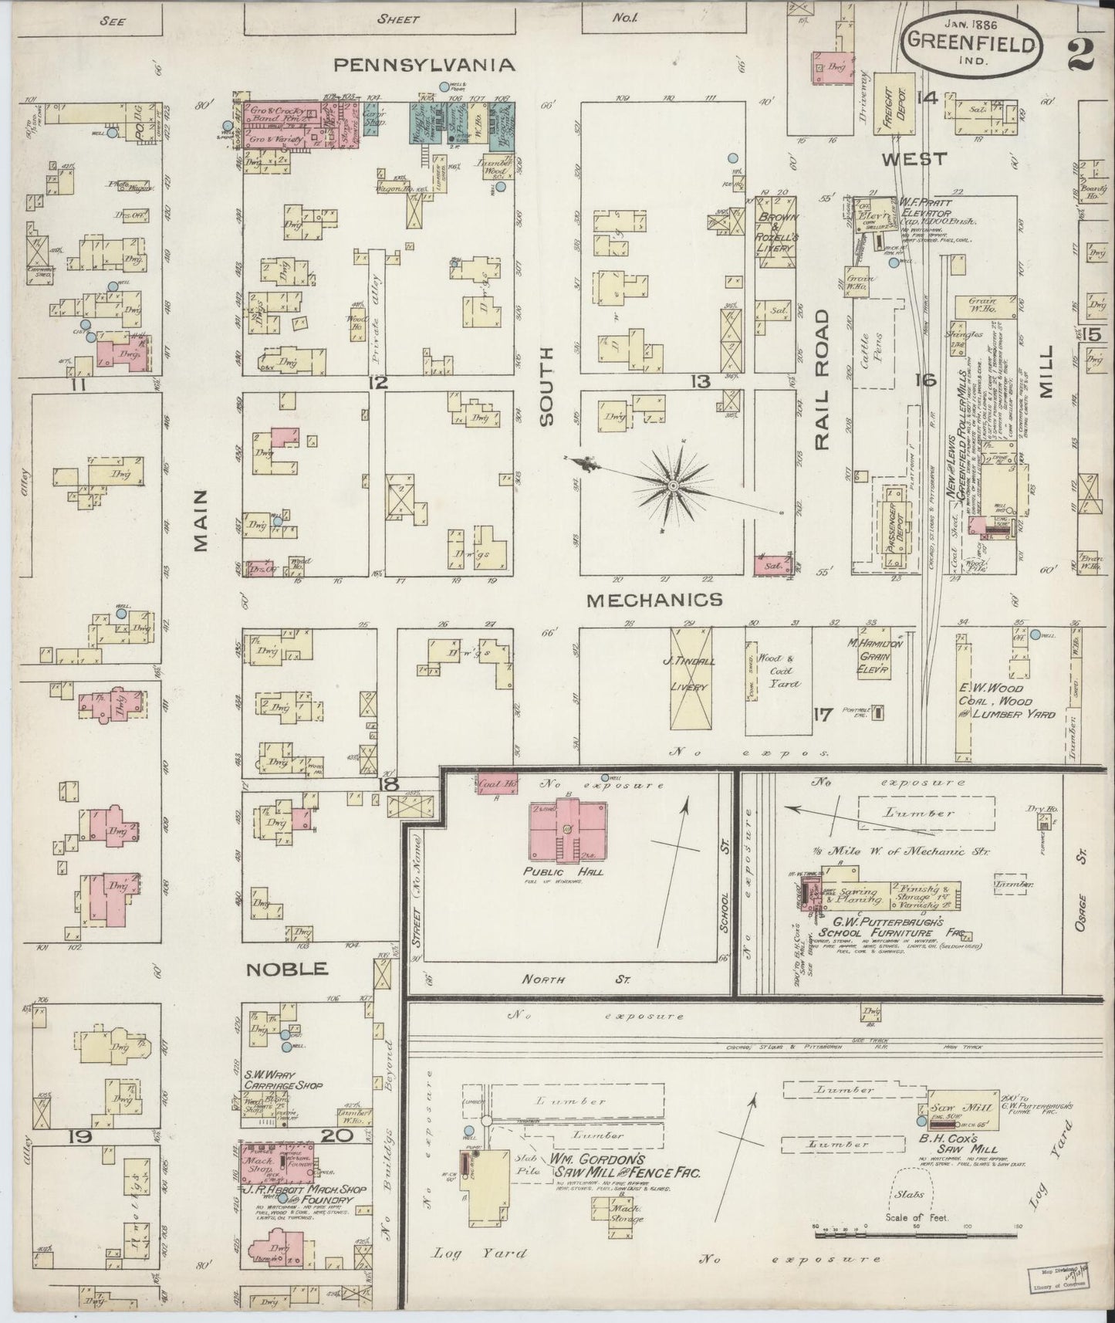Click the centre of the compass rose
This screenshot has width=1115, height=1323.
672,485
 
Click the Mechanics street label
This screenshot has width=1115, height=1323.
654,599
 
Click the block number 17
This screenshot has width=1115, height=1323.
823,714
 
